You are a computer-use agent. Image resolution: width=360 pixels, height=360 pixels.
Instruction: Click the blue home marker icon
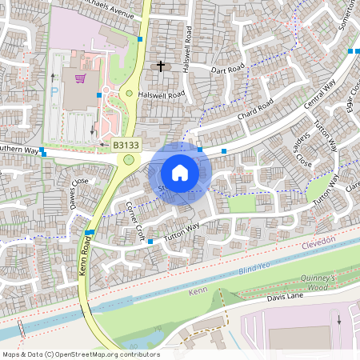[x=180, y=173]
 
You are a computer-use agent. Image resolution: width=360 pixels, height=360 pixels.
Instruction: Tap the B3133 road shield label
[x=125, y=146]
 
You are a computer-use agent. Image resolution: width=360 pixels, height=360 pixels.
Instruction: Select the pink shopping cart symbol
[x=79, y=78]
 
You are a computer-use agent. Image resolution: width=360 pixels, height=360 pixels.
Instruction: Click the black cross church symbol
[x=161, y=66]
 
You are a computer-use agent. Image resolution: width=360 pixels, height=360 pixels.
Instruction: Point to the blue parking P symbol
[x=54, y=93]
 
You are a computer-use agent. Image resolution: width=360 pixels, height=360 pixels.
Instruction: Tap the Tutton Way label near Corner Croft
[x=182, y=233]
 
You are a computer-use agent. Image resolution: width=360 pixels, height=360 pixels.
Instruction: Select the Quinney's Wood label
[x=330, y=282]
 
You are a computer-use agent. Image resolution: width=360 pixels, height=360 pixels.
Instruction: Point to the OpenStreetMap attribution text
[x=81, y=354]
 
